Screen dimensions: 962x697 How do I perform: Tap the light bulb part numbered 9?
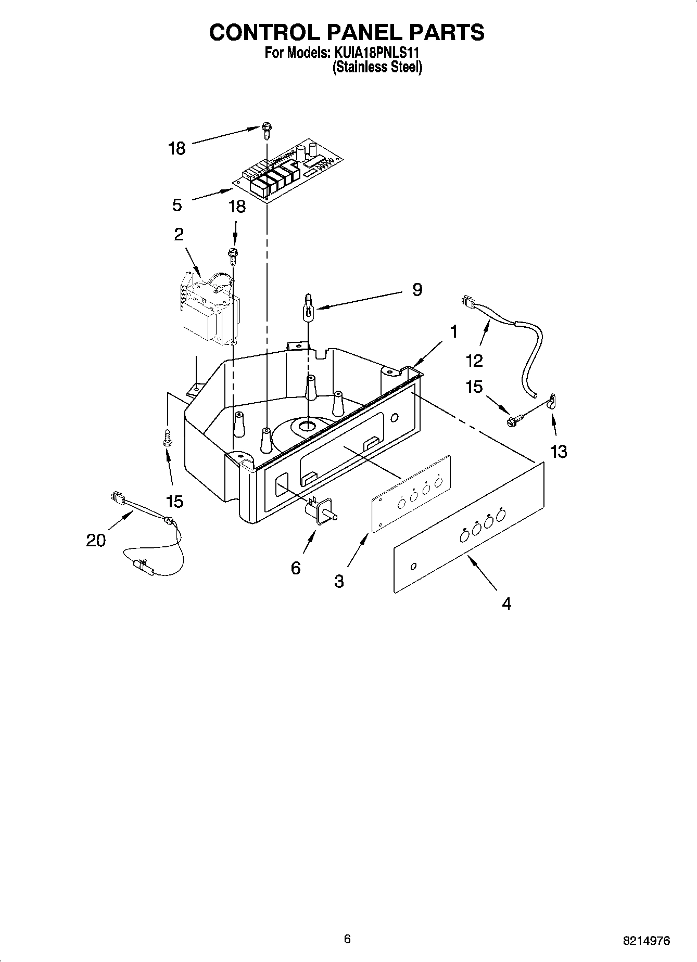309,310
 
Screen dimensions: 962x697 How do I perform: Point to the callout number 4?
506,604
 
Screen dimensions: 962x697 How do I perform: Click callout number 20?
96,540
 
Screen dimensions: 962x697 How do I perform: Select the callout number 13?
558,451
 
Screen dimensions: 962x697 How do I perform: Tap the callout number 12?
475,360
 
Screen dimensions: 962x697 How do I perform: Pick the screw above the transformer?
233,255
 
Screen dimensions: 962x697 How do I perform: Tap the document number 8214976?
647,940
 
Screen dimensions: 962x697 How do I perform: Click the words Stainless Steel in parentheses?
377,67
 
